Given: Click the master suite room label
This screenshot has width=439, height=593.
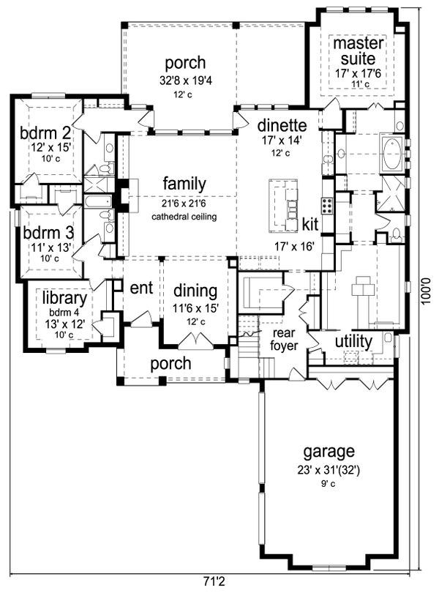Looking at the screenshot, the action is (x=358, y=51).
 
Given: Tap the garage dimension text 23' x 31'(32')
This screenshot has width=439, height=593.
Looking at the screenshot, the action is (x=329, y=471).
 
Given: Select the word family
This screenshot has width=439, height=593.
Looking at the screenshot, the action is (x=184, y=184).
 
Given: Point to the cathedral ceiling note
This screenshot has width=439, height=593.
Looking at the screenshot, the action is (x=184, y=217).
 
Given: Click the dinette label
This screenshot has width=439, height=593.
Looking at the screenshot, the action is (x=282, y=124).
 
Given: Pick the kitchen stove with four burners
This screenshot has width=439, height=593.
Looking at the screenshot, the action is (x=328, y=206).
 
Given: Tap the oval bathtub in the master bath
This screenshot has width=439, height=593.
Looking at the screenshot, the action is (x=393, y=154).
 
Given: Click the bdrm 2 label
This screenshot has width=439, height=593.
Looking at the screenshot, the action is (x=45, y=133).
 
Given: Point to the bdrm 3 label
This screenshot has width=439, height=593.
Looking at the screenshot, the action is (x=48, y=233).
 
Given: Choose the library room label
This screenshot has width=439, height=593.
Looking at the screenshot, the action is (x=64, y=298).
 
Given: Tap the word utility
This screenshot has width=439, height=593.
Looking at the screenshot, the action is (x=353, y=341).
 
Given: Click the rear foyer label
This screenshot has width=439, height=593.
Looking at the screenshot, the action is (x=284, y=339).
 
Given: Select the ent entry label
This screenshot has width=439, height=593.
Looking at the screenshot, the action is (x=141, y=288).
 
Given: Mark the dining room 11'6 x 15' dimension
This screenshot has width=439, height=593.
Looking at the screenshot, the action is (x=196, y=309).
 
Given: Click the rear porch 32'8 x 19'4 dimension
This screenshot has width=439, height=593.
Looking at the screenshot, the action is (x=185, y=81).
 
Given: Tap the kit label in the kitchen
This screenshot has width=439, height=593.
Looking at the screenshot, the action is (x=310, y=224).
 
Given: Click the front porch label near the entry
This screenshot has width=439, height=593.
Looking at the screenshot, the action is (x=171, y=363).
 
